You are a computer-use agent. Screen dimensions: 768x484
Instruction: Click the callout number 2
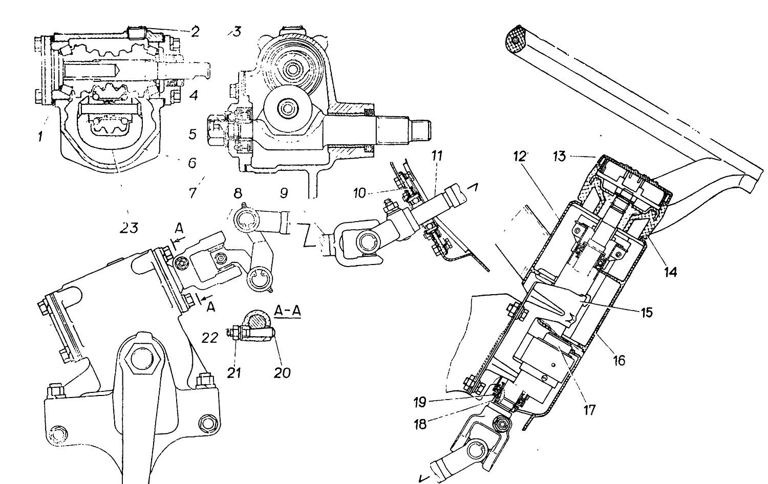[195, 32]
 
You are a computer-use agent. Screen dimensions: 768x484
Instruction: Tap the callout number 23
[129, 228]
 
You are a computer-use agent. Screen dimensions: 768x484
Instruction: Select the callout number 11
[436, 156]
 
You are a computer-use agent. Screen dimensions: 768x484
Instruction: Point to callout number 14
[671, 272]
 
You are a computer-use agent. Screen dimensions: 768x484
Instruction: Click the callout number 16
[619, 360]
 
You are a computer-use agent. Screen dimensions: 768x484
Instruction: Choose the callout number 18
[420, 425]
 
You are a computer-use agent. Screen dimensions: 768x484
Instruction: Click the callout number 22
[210, 338]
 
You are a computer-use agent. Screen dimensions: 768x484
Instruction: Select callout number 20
[282, 372]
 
